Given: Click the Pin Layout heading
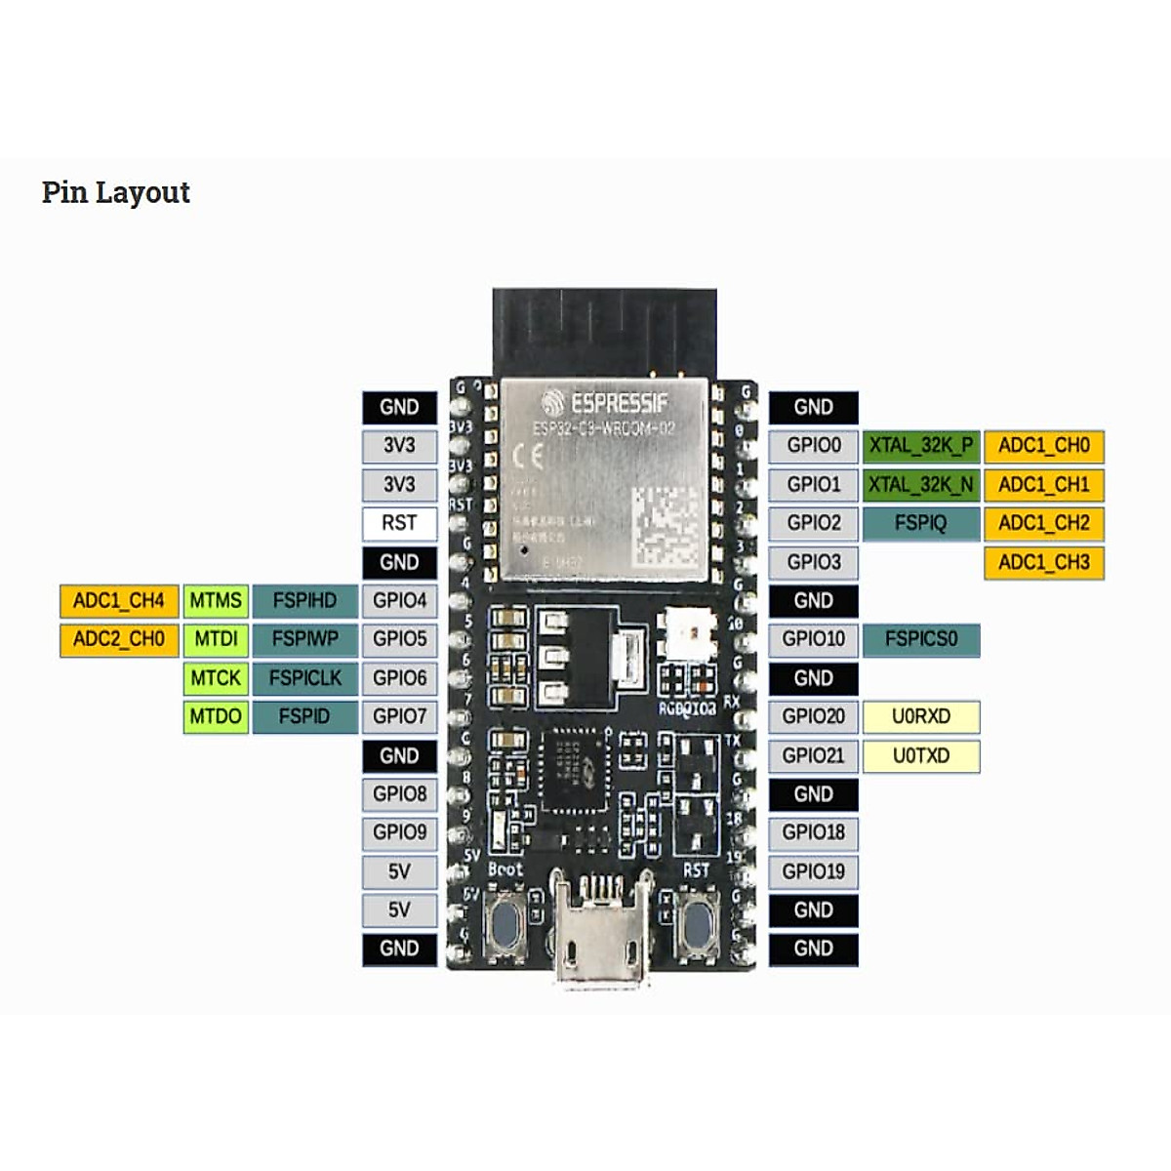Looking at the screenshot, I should (115, 192).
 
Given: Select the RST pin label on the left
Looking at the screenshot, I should (399, 523).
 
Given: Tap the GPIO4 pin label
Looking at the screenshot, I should (399, 600).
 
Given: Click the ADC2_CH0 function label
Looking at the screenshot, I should (119, 639).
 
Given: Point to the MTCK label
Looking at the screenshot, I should (216, 678).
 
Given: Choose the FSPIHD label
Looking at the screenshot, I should (304, 600).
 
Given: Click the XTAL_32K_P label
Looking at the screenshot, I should (920, 446).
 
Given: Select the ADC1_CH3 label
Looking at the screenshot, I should (1043, 562).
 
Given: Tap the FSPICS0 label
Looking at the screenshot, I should (920, 639).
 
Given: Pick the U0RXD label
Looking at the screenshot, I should (920, 716).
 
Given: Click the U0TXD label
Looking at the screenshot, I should (920, 755).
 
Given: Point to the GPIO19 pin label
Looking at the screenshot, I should (813, 871).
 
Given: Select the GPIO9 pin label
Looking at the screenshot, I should (399, 832).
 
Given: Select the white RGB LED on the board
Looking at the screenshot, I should (689, 633).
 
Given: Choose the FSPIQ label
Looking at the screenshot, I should (920, 523).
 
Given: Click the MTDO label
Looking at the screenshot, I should (216, 716).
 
